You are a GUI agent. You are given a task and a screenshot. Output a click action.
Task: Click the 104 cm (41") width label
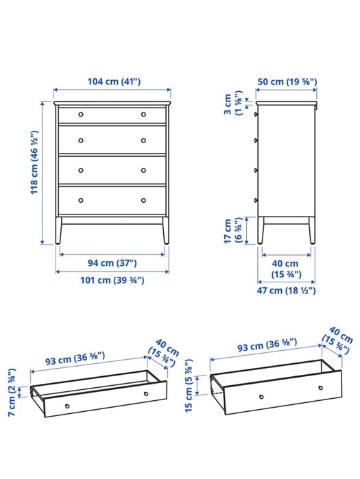tap(114, 82)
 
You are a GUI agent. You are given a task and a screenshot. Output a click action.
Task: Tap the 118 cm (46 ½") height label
tap(34, 162)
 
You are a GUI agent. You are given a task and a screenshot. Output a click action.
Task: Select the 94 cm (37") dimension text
tap(112, 262)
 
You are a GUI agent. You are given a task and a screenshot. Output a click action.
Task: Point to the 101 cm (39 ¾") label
tap(112, 280)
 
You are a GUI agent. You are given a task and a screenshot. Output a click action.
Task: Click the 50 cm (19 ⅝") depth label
tap(287, 82)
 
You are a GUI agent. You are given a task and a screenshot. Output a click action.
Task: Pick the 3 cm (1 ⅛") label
tap(233, 103)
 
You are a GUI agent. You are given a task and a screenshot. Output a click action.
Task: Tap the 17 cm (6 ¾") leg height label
tap(233, 231)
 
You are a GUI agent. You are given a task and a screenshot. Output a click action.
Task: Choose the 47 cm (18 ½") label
tap(286, 291)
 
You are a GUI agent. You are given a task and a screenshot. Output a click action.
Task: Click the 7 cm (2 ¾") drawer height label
tap(12, 392)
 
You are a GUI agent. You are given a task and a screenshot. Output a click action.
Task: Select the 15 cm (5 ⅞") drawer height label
tap(189, 386)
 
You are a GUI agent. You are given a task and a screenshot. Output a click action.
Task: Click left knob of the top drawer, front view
tap(81, 114)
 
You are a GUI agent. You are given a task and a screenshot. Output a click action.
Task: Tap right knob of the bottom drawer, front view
tap(143, 200)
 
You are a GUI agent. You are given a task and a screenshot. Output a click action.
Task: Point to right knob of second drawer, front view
tap(143, 140)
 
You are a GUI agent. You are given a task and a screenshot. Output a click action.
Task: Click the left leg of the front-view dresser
tap(58, 230)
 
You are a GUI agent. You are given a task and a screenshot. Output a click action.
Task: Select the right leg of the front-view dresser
tap(166, 230)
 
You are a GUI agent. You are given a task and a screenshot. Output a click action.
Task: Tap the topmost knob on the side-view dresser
tap(256, 114)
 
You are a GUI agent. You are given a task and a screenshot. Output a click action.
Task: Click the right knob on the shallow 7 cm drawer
tap(146, 394)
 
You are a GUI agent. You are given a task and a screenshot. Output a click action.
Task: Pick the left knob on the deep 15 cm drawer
tap(261, 397)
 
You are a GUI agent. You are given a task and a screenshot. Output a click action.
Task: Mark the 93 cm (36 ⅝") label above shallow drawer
tap(75, 358)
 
